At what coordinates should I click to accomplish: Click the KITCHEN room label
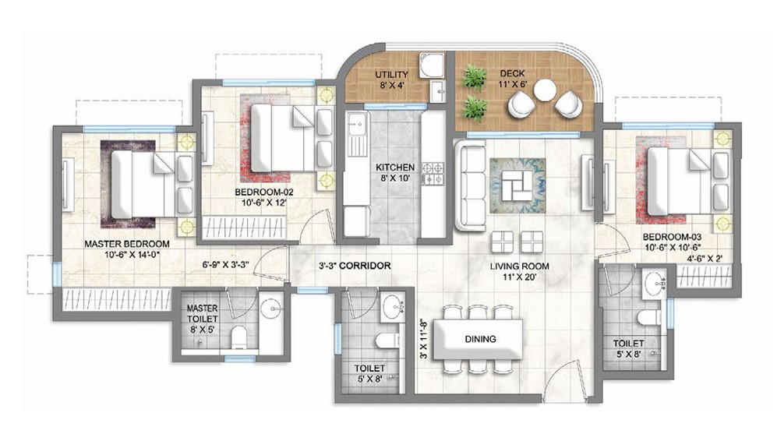[x=395, y=168]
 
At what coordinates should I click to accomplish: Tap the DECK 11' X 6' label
[x=512, y=78]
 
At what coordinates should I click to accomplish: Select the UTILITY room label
[x=391, y=75]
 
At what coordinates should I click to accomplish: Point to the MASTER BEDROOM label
[x=127, y=244]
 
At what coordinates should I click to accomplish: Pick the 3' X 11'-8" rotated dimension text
[x=423, y=338]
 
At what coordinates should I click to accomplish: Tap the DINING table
[x=479, y=340]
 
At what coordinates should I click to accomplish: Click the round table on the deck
[x=545, y=90]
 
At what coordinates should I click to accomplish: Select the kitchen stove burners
[x=433, y=174]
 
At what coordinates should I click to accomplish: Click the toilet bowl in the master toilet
[x=238, y=337]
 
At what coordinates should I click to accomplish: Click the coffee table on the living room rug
[x=517, y=185]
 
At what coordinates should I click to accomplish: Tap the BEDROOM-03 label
[x=672, y=237]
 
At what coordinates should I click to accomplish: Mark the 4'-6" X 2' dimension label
[x=705, y=258]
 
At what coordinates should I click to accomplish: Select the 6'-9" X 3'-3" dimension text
[x=225, y=265]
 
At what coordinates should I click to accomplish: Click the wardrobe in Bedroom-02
[x=244, y=228]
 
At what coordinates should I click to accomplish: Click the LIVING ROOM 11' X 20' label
[x=519, y=271]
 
